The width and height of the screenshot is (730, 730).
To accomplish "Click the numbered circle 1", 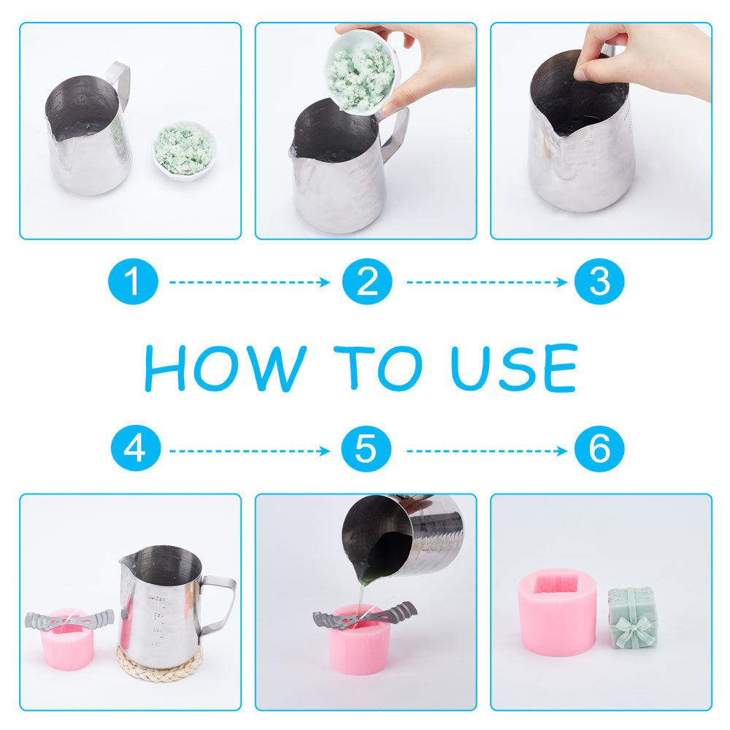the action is click(133, 282).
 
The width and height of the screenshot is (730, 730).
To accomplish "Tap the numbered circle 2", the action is click(367, 282).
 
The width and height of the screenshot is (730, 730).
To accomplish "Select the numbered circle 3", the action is click(599, 282).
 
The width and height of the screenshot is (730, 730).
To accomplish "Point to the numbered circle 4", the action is click(136, 448).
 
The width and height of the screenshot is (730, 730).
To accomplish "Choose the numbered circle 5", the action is click(366, 449).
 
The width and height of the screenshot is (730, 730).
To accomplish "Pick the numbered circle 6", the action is click(599, 449).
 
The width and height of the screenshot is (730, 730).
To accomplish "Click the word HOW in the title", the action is click(226, 368).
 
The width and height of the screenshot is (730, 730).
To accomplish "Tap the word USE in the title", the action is click(515, 367).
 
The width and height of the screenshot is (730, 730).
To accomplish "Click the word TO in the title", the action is click(378, 368).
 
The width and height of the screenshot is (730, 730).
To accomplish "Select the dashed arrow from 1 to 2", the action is click(250, 282).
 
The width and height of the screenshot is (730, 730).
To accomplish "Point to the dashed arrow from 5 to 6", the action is click(486, 450).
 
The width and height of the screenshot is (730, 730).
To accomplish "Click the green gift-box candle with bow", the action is click(632, 618).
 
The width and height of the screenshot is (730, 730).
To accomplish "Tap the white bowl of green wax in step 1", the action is click(185, 150).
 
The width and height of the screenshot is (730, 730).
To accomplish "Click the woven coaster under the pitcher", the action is click(160, 663).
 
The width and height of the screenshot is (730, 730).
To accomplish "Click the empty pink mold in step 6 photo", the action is click(557, 612).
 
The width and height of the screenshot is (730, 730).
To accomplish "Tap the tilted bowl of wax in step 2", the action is click(362, 72).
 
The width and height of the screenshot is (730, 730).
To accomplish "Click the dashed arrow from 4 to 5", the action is click(250, 450).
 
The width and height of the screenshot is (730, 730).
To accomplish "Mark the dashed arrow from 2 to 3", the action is click(486, 282).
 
